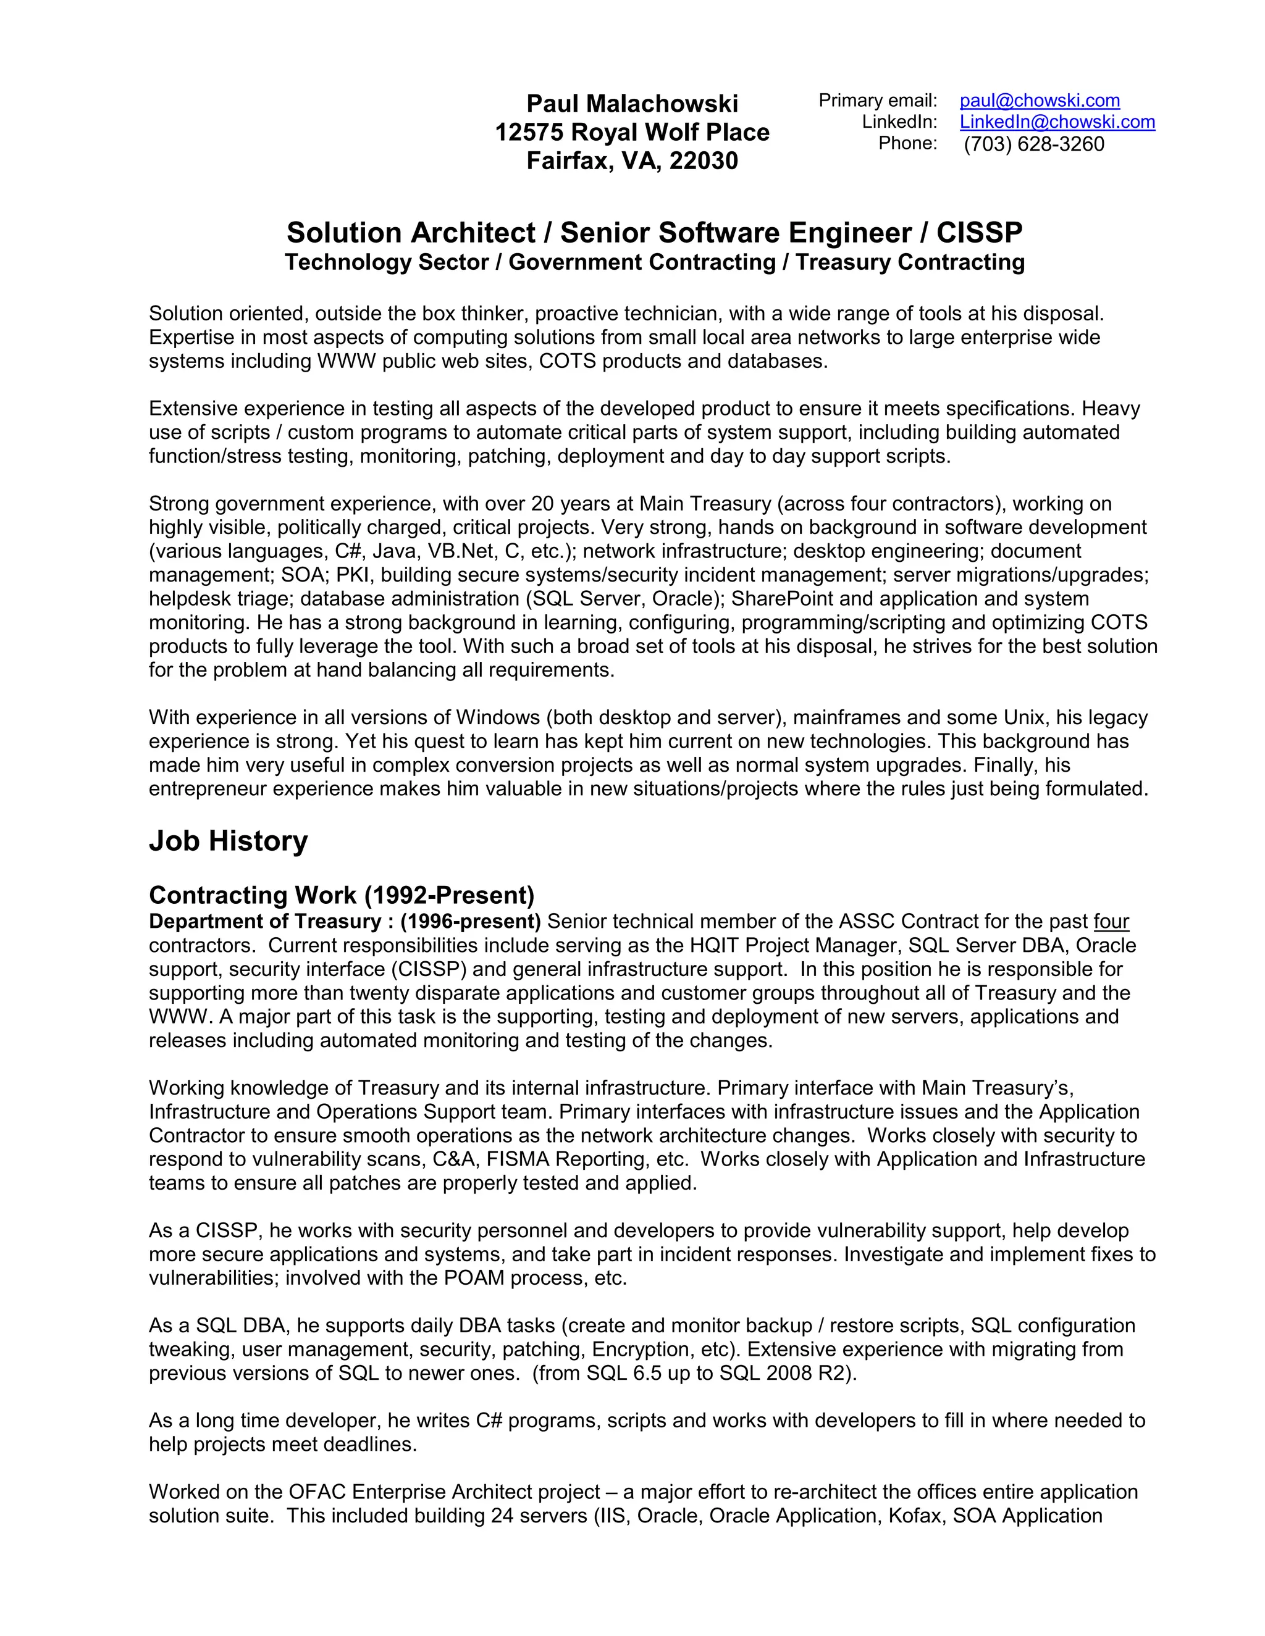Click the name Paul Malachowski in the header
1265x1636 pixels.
pyautogui.click(x=632, y=103)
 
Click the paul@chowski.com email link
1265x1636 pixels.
pyautogui.click(x=1040, y=101)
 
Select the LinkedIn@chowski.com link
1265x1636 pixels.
pyautogui.click(x=1057, y=122)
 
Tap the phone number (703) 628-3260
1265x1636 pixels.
pyautogui.click(x=1033, y=144)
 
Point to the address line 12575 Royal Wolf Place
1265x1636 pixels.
pyautogui.click(x=632, y=132)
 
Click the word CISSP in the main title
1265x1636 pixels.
pyautogui.click(x=979, y=233)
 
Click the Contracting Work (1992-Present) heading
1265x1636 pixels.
pyautogui.click(x=341, y=895)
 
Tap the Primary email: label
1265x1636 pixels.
pyautogui.click(x=878, y=101)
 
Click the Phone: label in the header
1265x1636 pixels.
pyautogui.click(x=907, y=143)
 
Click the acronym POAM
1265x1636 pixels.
pyautogui.click(x=474, y=1278)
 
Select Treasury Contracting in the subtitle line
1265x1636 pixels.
pyautogui.click(x=910, y=262)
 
